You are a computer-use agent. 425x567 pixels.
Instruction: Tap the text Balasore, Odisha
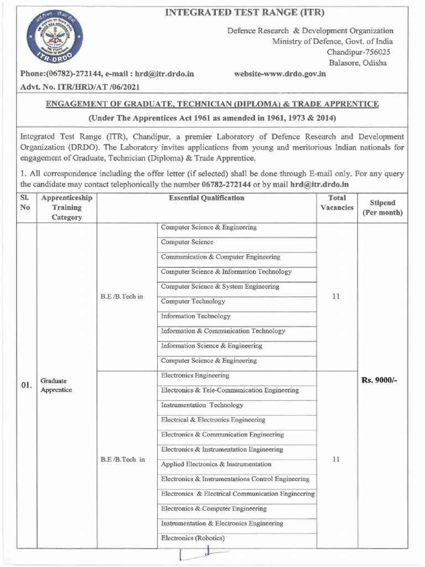[357, 63]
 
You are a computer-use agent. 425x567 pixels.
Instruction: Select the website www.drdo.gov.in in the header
[280, 74]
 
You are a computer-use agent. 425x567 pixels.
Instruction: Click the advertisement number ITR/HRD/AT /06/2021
[80, 87]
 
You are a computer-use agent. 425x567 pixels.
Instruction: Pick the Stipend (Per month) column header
[382, 208]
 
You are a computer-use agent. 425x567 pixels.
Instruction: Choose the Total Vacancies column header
[337, 203]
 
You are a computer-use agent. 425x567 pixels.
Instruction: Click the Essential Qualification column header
[206, 198]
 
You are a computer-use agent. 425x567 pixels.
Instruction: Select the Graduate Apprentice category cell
[56, 385]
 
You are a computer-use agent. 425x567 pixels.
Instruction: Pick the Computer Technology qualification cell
[193, 302]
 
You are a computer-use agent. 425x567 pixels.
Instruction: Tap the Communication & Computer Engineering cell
[220, 257]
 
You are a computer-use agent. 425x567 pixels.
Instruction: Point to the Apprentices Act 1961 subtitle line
[212, 118]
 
